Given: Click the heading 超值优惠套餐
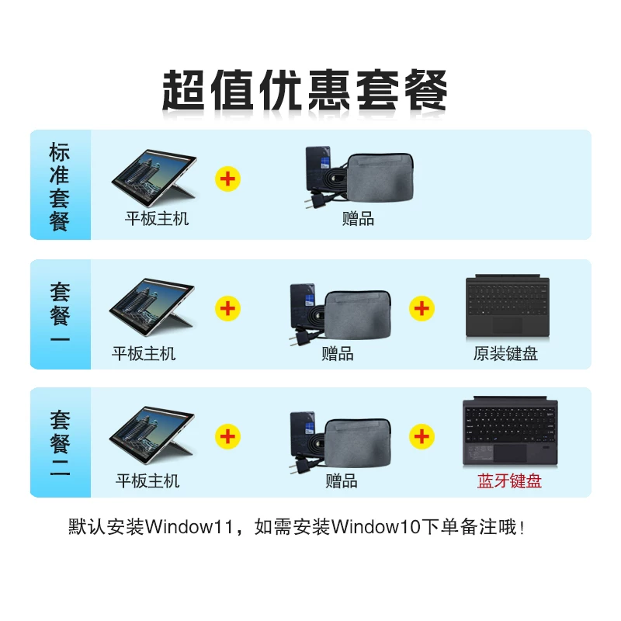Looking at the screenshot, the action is (x=305, y=90).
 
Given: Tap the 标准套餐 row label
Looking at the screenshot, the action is (x=60, y=186).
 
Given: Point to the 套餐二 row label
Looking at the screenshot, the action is (x=60, y=442).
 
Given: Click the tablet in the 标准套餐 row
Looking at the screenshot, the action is (x=154, y=178).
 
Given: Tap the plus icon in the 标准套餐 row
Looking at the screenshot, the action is (x=227, y=179).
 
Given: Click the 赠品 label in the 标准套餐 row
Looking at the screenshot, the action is (x=358, y=219).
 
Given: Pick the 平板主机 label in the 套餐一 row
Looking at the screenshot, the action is (x=144, y=353).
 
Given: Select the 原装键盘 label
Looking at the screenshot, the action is (x=505, y=353).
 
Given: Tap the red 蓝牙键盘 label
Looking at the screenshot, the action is (x=509, y=480).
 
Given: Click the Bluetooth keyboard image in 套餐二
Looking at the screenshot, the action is (x=510, y=431).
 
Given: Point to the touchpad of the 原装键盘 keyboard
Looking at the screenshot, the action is (x=508, y=325).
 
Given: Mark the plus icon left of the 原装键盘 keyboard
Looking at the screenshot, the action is (x=422, y=308).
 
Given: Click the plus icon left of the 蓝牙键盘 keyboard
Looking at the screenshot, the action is (x=422, y=436).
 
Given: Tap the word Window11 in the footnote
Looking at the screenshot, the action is (x=189, y=527).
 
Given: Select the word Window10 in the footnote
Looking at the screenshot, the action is (x=376, y=527).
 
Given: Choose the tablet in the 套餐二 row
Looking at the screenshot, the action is (x=152, y=435).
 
